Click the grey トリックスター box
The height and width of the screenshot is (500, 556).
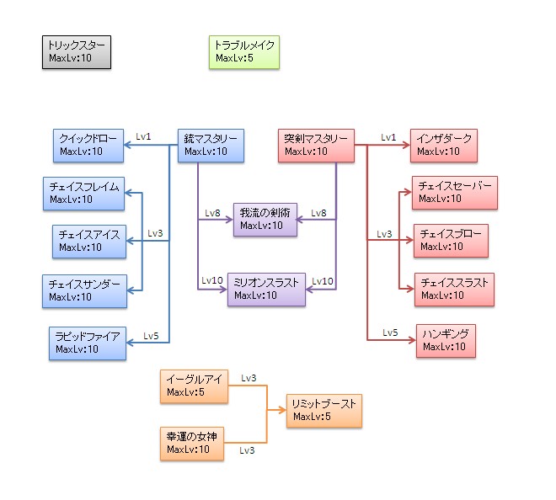point(77,52)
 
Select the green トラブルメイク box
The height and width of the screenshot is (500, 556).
point(243,52)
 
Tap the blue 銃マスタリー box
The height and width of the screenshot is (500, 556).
point(211,145)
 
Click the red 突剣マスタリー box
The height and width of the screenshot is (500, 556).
point(316,145)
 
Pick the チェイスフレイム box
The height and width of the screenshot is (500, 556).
point(83,193)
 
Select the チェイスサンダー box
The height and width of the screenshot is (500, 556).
point(83,290)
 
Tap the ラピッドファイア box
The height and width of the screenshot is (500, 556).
point(88,343)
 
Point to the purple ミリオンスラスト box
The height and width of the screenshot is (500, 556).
point(266,289)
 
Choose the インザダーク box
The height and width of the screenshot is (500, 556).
point(445,145)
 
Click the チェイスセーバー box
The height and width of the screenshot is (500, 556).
point(455,193)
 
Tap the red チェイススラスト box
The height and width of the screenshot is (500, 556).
point(454,290)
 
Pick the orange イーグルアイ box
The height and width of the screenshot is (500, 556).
point(194,386)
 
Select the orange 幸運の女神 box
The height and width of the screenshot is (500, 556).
point(192,443)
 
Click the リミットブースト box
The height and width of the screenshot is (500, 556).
point(324,411)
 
